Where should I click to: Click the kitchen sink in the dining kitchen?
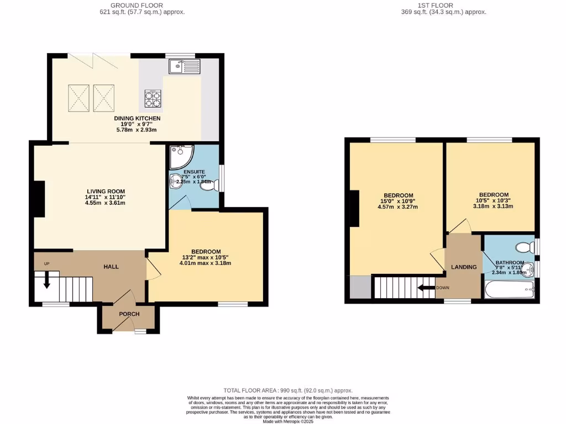(x=185, y=67)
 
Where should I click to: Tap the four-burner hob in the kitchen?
(x=153, y=98)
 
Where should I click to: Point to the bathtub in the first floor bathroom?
(x=509, y=289)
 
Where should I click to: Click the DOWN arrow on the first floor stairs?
(x=426, y=288)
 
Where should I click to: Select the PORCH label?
(x=129, y=314)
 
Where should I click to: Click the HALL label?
(x=111, y=267)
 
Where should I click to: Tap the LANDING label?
(x=464, y=267)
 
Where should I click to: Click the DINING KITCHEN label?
(x=137, y=118)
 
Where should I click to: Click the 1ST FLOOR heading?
(x=435, y=5)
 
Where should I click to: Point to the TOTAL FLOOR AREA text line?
(x=287, y=390)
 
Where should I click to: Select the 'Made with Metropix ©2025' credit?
(x=287, y=421)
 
